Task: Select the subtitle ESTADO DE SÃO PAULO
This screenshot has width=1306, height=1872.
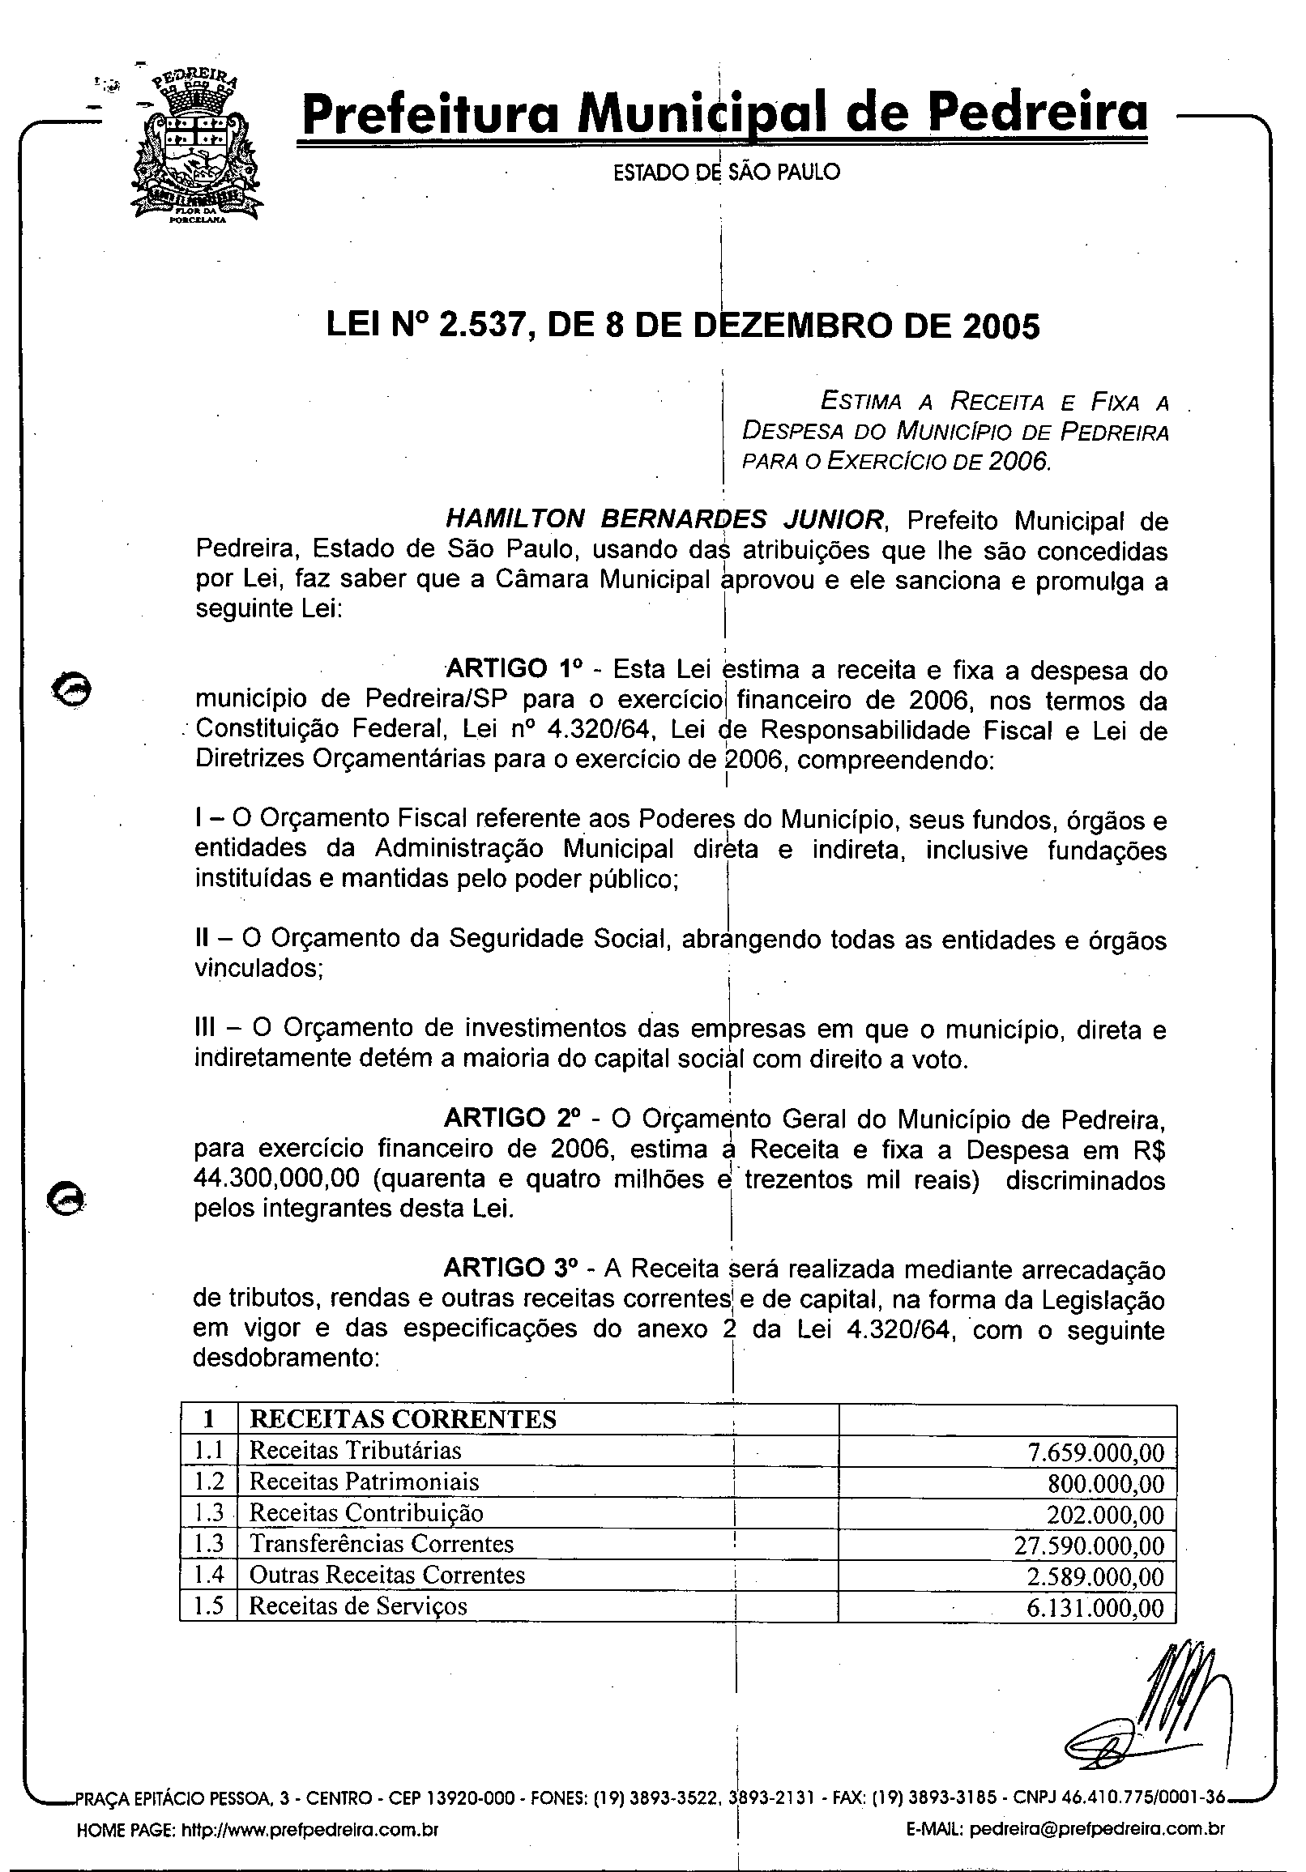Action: click(x=726, y=172)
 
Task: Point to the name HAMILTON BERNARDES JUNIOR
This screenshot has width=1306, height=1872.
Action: click(x=664, y=518)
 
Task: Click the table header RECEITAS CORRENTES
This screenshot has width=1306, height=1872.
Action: click(x=403, y=1419)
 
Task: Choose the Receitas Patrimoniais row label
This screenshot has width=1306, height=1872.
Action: click(x=364, y=1482)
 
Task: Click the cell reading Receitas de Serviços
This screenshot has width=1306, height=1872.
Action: click(x=358, y=1606)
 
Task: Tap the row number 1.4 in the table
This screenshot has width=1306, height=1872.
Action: click(x=209, y=1576)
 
